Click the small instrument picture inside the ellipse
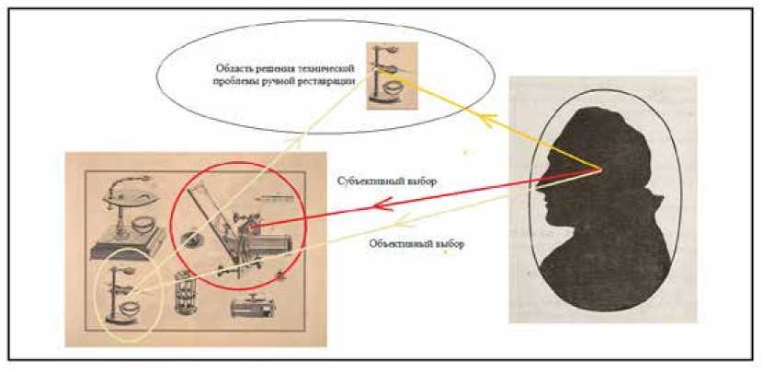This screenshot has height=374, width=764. (x=386, y=76)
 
